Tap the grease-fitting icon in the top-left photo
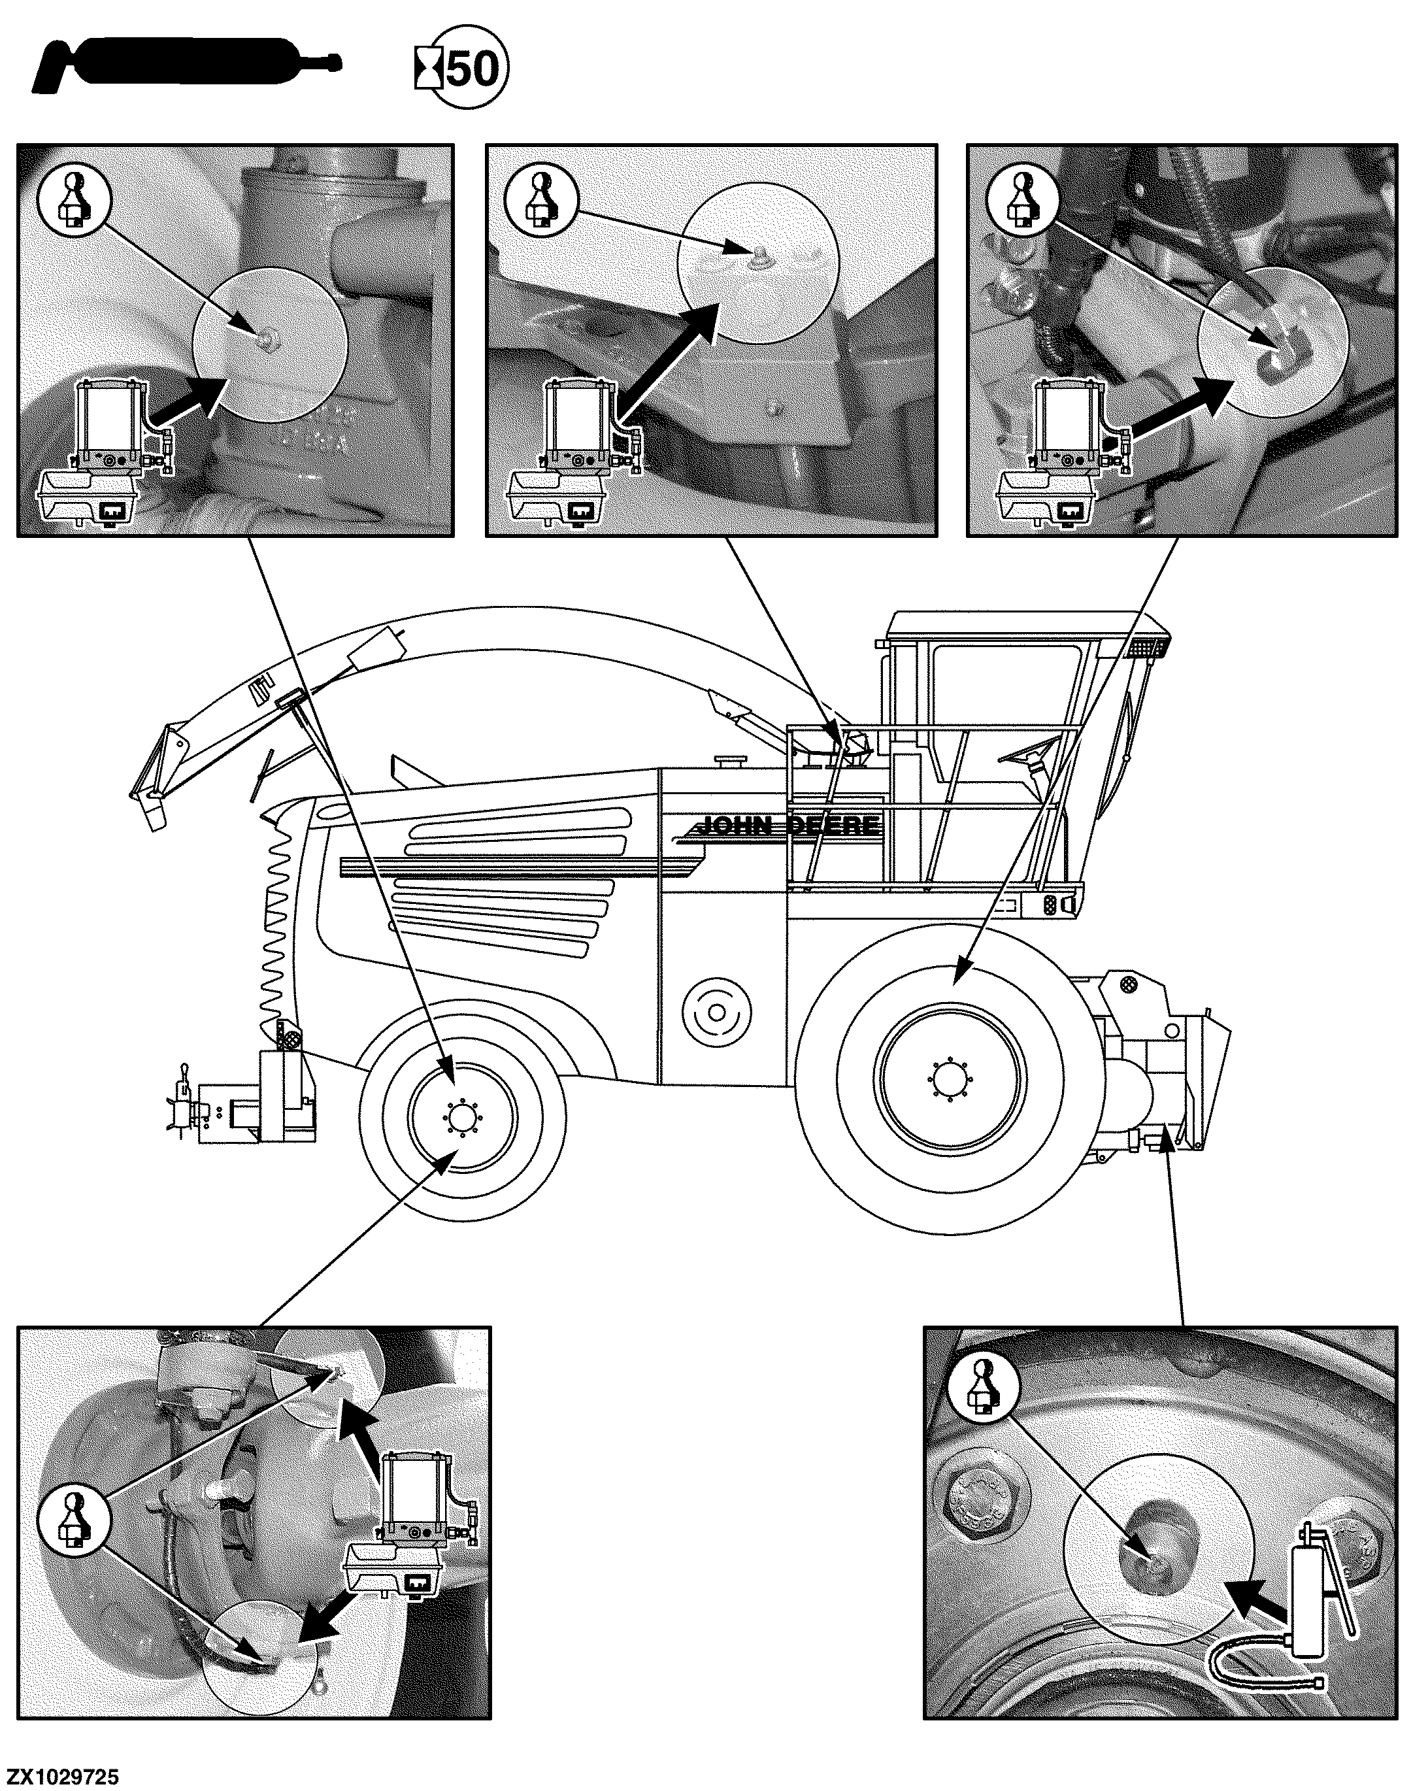point(75,197)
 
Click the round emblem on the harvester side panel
point(716,1012)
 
